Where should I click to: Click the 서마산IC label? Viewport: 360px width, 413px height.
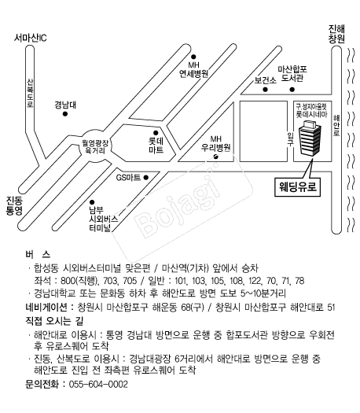[30, 38]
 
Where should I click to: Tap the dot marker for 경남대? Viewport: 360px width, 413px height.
[65, 114]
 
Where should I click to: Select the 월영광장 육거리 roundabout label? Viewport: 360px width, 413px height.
[95, 146]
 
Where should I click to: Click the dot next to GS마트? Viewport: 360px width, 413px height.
[145, 178]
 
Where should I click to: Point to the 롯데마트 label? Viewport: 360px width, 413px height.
[156, 146]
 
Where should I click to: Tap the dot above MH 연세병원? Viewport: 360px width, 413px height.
[193, 57]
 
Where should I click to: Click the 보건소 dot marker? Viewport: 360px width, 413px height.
[265, 90]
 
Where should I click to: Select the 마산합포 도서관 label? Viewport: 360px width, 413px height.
[292, 73]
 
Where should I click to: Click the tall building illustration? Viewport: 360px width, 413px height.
[310, 138]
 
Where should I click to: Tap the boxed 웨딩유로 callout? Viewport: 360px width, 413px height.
[297, 187]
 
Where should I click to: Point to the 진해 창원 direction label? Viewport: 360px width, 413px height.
[336, 34]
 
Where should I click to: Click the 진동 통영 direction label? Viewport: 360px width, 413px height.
[14, 205]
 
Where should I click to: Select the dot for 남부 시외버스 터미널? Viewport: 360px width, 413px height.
[92, 202]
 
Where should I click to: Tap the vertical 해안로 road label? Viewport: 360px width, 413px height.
[336, 125]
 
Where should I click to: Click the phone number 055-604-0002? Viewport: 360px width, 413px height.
[98, 385]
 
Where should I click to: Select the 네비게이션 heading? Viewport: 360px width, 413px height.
[46, 307]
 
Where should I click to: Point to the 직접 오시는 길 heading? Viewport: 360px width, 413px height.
[54, 321]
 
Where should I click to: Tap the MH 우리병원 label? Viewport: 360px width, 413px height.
[216, 143]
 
